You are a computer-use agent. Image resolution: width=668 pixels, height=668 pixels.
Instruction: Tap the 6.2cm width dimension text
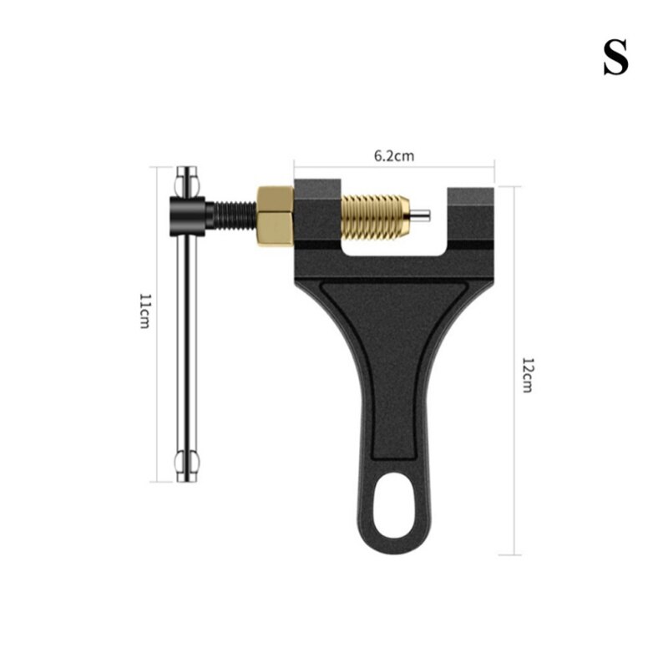(393, 155)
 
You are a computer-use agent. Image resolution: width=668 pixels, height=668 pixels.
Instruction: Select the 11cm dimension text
(144, 311)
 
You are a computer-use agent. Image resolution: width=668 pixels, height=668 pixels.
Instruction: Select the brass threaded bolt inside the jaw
(376, 215)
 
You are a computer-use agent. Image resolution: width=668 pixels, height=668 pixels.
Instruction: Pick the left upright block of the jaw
(316, 213)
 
